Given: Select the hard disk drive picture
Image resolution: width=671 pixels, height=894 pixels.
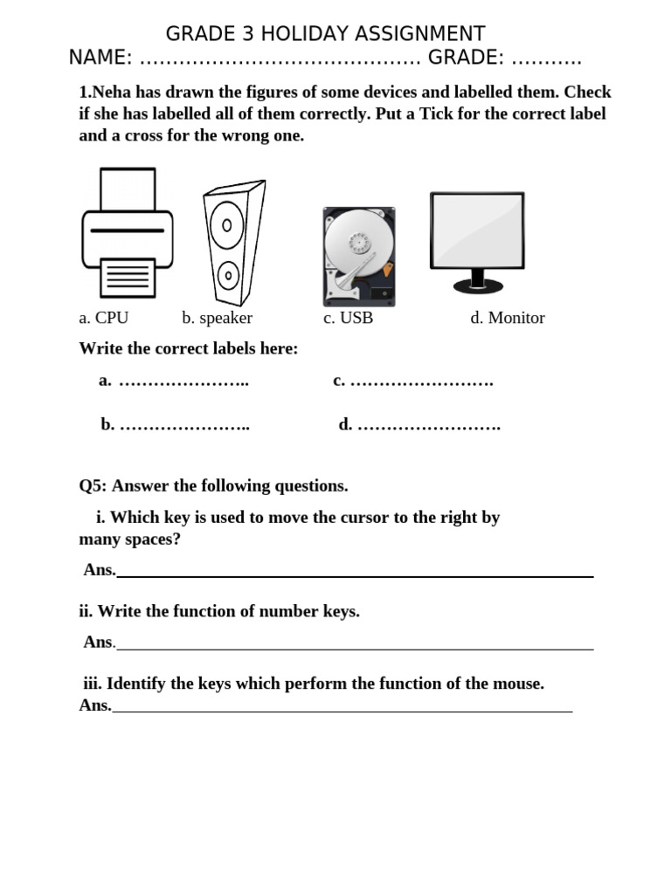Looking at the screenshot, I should pos(358,257).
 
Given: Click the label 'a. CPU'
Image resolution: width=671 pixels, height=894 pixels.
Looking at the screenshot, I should pos(103,318).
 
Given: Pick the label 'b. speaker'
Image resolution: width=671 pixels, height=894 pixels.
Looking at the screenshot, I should pos(217,318).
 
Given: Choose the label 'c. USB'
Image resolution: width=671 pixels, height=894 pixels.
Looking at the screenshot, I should pos(348,318).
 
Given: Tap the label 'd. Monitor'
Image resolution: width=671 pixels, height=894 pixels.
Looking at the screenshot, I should pos(507,318).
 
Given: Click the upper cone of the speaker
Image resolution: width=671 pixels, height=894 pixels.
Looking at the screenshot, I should pos(226,224).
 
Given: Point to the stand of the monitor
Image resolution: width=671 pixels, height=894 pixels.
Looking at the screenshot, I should pos(477,281).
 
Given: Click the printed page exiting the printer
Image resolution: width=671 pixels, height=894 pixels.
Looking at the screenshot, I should pos(128,278).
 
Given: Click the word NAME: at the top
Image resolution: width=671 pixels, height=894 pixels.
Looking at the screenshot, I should pos(100,58).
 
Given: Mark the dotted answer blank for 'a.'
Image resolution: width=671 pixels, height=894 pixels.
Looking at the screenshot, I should pos(183,382).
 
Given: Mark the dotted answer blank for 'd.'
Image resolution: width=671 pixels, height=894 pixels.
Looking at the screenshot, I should pos(429,426).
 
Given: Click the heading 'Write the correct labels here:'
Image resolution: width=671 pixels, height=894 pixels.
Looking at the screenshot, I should pos(188,348).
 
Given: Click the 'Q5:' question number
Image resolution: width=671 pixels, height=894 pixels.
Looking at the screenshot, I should pos(93,485).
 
